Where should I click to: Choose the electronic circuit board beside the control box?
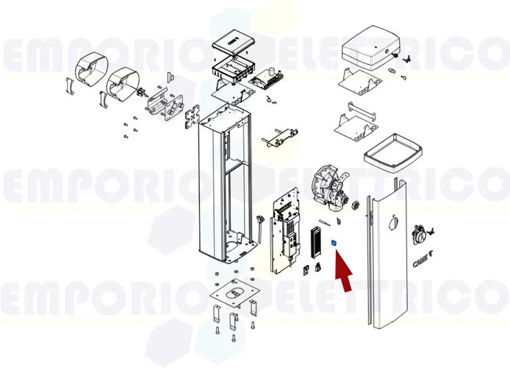coord(269,77)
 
